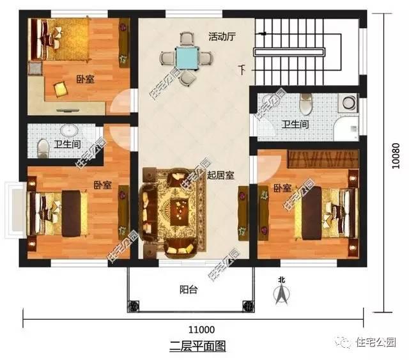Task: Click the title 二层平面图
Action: (197, 346)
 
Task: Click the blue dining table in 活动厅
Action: (187, 58)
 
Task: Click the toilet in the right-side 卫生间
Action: (305, 102)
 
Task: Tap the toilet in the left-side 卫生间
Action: (43, 147)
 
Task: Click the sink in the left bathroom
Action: (66, 128)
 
